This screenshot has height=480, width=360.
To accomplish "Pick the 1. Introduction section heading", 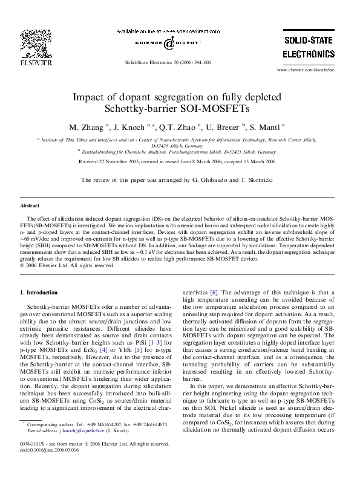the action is point(39,293).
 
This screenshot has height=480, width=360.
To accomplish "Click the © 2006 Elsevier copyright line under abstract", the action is point(67,265).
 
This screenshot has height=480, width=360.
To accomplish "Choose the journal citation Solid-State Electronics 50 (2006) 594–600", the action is point(168,62).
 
